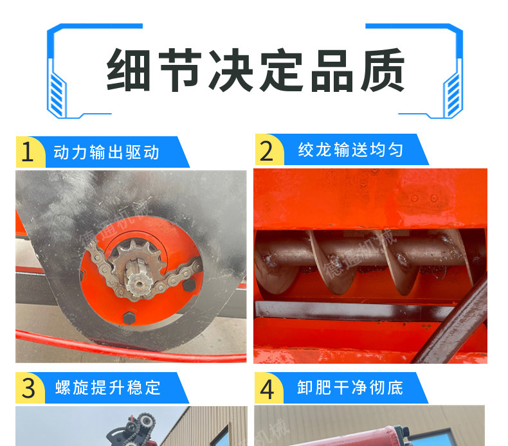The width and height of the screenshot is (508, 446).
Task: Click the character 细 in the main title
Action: click(x=129, y=69)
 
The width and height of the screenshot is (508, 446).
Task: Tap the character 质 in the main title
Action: click(x=383, y=69)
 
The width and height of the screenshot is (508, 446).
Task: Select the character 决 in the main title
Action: click(x=231, y=69)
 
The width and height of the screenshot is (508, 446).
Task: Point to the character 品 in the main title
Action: click(x=332, y=70)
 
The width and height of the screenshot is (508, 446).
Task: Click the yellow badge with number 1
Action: click(x=29, y=152)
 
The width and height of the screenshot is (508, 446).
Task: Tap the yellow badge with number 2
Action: click(x=268, y=150)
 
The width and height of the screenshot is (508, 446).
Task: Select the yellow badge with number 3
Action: click(x=30, y=388)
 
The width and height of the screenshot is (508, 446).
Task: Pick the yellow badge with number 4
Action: click(x=268, y=388)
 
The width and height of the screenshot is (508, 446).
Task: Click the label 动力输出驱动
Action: click(x=106, y=152)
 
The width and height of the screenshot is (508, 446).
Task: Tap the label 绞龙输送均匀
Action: click(x=350, y=150)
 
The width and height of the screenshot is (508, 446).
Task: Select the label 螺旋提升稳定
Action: click(x=108, y=388)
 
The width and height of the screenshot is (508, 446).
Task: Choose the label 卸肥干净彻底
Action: click(x=350, y=388)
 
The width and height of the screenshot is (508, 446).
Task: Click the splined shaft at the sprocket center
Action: click(x=138, y=278)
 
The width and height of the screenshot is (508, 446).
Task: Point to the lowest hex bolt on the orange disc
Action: click(x=129, y=317)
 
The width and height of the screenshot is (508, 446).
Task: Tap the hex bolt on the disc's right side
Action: click(x=189, y=285)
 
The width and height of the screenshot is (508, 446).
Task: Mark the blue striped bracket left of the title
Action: click(x=57, y=94)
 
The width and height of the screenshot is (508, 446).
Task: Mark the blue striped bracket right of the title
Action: click(x=453, y=94)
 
